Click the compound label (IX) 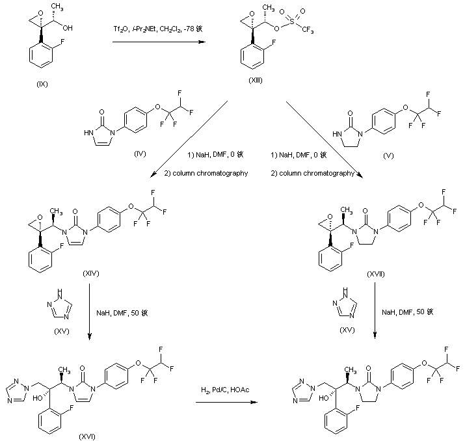click(43, 84)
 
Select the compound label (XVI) click(86, 435)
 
